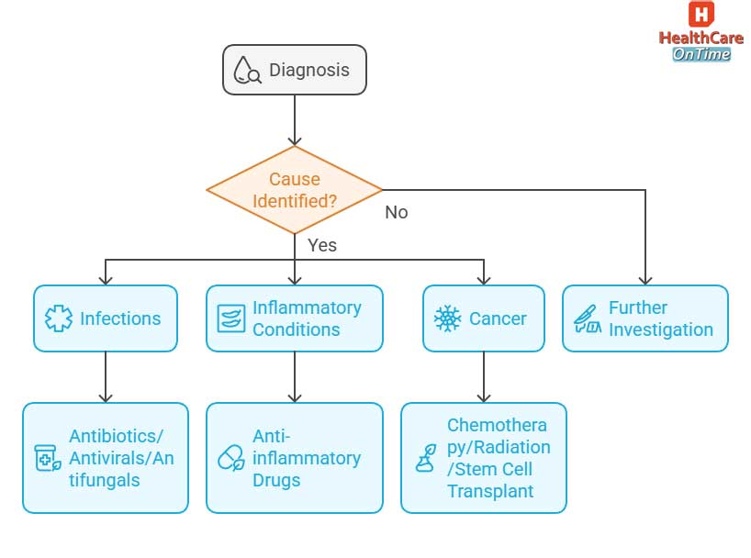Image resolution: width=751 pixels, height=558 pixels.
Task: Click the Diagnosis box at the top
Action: [294, 70]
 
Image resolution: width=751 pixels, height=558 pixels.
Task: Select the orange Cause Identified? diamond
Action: [294, 190]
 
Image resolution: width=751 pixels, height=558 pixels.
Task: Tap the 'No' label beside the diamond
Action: [396, 212]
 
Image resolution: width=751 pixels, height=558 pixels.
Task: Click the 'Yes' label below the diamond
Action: [321, 245]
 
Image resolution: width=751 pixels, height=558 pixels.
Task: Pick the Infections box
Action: [105, 318]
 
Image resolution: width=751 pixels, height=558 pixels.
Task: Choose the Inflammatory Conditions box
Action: [294, 318]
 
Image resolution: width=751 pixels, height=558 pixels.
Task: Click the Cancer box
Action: [483, 318]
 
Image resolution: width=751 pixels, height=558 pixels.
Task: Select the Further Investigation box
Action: [645, 318]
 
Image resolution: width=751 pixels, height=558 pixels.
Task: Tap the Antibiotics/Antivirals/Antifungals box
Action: [105, 458]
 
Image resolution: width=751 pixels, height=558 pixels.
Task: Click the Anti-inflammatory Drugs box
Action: [294, 458]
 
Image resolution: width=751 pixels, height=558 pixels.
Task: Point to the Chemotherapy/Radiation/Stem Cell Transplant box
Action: [483, 458]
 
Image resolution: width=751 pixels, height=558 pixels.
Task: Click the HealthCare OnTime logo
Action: [701, 32]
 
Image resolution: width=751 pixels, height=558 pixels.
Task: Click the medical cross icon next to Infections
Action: [58, 319]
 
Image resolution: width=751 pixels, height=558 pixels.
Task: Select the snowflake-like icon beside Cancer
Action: [447, 319]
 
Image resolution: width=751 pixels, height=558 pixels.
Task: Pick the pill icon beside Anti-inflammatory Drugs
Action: [230, 458]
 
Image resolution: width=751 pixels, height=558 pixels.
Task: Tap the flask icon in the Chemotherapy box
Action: [425, 458]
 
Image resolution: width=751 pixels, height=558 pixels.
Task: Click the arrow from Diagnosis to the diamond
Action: [294, 119]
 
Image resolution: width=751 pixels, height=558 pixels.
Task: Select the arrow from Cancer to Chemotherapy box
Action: [483, 377]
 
